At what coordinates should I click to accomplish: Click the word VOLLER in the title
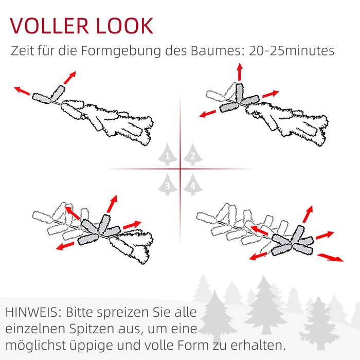tap(49, 26)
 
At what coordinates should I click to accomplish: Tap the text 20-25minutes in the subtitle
tap(292, 51)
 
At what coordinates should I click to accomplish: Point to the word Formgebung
tap(120, 51)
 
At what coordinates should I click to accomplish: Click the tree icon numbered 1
tap(168, 154)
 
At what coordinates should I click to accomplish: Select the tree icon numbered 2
tap(193, 154)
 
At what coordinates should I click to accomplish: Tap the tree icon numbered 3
tap(168, 184)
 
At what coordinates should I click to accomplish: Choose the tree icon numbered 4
tap(193, 184)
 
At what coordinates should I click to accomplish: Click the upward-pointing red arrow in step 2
tap(240, 72)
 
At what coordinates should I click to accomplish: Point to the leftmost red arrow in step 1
tap(22, 91)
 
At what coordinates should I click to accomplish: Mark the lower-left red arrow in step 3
tap(65, 246)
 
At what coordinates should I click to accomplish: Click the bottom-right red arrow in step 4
tap(330, 258)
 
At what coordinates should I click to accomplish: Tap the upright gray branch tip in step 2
tap(239, 93)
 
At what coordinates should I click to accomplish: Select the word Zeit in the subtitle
tap(22, 51)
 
